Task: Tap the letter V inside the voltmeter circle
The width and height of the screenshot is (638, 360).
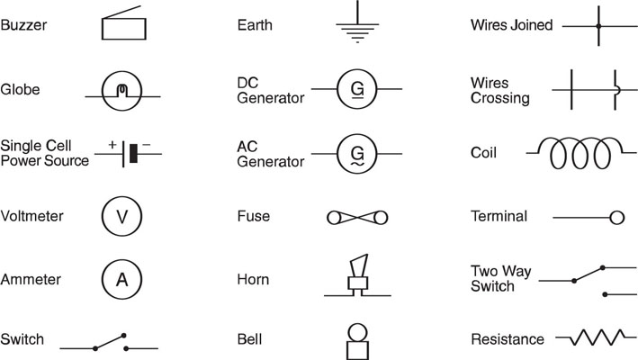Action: (122, 217)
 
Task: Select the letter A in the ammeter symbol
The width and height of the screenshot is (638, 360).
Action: (122, 280)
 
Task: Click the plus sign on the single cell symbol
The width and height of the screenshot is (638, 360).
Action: (112, 144)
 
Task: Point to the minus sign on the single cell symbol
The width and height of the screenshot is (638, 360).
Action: (147, 144)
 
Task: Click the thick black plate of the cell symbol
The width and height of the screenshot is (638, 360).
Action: (133, 153)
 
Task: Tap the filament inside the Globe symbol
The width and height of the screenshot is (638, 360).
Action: (122, 90)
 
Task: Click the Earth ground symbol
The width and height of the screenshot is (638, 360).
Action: (357, 24)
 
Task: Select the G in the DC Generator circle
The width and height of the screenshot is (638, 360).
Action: (357, 88)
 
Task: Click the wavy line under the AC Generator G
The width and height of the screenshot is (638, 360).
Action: (357, 164)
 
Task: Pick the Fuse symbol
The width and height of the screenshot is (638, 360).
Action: (357, 218)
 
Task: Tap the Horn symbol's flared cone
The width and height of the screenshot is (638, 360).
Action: (359, 265)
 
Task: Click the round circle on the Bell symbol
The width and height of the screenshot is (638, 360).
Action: (357, 332)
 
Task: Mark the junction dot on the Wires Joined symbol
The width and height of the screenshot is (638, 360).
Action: (598, 26)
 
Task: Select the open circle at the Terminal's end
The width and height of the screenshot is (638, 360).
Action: (616, 218)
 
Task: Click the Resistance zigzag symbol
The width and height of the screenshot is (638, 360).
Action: (597, 337)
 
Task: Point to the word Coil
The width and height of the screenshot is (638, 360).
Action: (483, 152)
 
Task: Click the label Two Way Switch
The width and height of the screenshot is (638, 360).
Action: (501, 279)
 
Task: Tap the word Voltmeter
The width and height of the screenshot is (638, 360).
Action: (31, 216)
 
